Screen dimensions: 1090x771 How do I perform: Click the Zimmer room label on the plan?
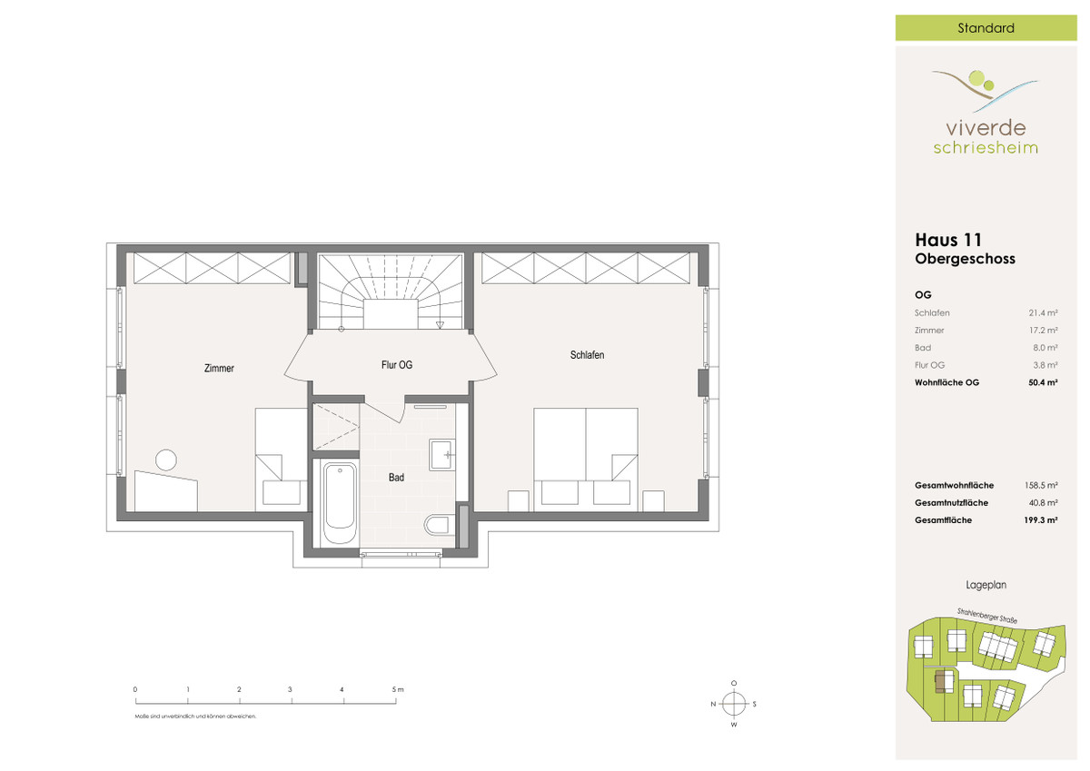coord(219,368)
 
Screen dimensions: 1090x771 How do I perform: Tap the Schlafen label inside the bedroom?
coord(588,355)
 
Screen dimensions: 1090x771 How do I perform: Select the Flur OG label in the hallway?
coord(397,365)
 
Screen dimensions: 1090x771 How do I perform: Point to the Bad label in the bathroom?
coord(396,478)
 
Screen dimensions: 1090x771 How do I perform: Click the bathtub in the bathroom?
coord(340,503)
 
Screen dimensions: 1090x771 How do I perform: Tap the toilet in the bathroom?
coord(437,525)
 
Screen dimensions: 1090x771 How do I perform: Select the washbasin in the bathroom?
coord(442,455)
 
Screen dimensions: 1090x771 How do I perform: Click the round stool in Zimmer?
coord(166,460)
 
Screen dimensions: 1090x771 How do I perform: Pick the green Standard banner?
coord(986,28)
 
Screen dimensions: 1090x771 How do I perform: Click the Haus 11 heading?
coord(948,240)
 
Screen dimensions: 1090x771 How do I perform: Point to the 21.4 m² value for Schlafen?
coord(1043,312)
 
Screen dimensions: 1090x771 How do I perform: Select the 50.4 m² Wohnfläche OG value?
coord(1043,382)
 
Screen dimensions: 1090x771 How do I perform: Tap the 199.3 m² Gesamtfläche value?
coord(1040,520)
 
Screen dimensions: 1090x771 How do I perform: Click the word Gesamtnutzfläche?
coord(951,503)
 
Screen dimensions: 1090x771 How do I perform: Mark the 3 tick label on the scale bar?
coord(290,689)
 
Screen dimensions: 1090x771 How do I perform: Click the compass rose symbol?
coord(734,704)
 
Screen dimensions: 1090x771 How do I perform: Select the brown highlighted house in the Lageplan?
coord(943,681)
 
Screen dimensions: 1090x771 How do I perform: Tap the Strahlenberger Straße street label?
coord(986,616)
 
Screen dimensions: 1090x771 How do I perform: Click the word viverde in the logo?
coord(986,128)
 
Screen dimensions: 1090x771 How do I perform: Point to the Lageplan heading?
coord(986,585)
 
